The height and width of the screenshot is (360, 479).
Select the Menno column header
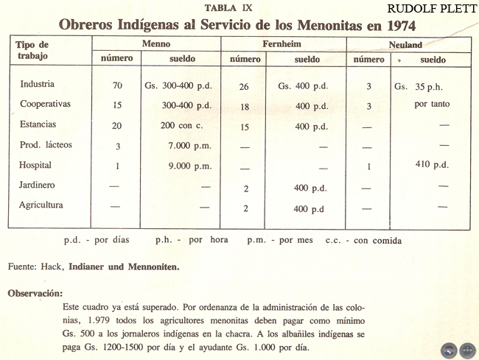(155, 44)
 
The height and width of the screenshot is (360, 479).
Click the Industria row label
(38, 84)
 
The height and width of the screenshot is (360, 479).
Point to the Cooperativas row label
(46, 104)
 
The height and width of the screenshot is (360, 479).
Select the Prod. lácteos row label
(46, 144)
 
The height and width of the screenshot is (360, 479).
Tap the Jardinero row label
(38, 185)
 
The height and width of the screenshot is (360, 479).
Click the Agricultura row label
(42, 204)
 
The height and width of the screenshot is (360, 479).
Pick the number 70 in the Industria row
(117, 85)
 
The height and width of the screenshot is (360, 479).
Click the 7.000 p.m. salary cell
(190, 146)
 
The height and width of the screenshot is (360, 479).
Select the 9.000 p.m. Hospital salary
(190, 166)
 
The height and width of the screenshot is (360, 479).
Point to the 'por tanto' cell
(430, 105)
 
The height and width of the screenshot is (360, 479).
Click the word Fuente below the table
(23, 265)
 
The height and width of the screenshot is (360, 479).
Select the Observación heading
(35, 293)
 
